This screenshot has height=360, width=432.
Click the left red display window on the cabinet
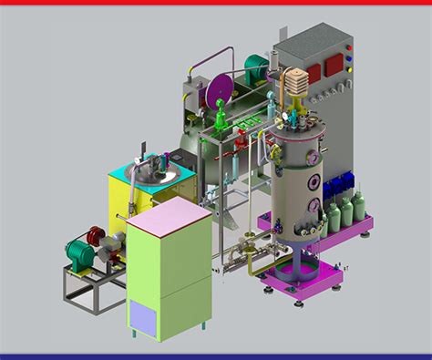[x=314, y=72]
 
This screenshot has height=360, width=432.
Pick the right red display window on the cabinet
[x=334, y=63]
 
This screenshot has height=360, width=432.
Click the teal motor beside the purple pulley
[x=258, y=64]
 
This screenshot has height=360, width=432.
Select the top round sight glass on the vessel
[x=314, y=157]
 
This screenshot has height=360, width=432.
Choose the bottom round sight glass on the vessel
[x=314, y=205]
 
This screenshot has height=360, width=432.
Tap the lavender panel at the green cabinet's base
[x=144, y=318]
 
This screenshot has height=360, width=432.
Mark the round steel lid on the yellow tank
[x=152, y=170]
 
